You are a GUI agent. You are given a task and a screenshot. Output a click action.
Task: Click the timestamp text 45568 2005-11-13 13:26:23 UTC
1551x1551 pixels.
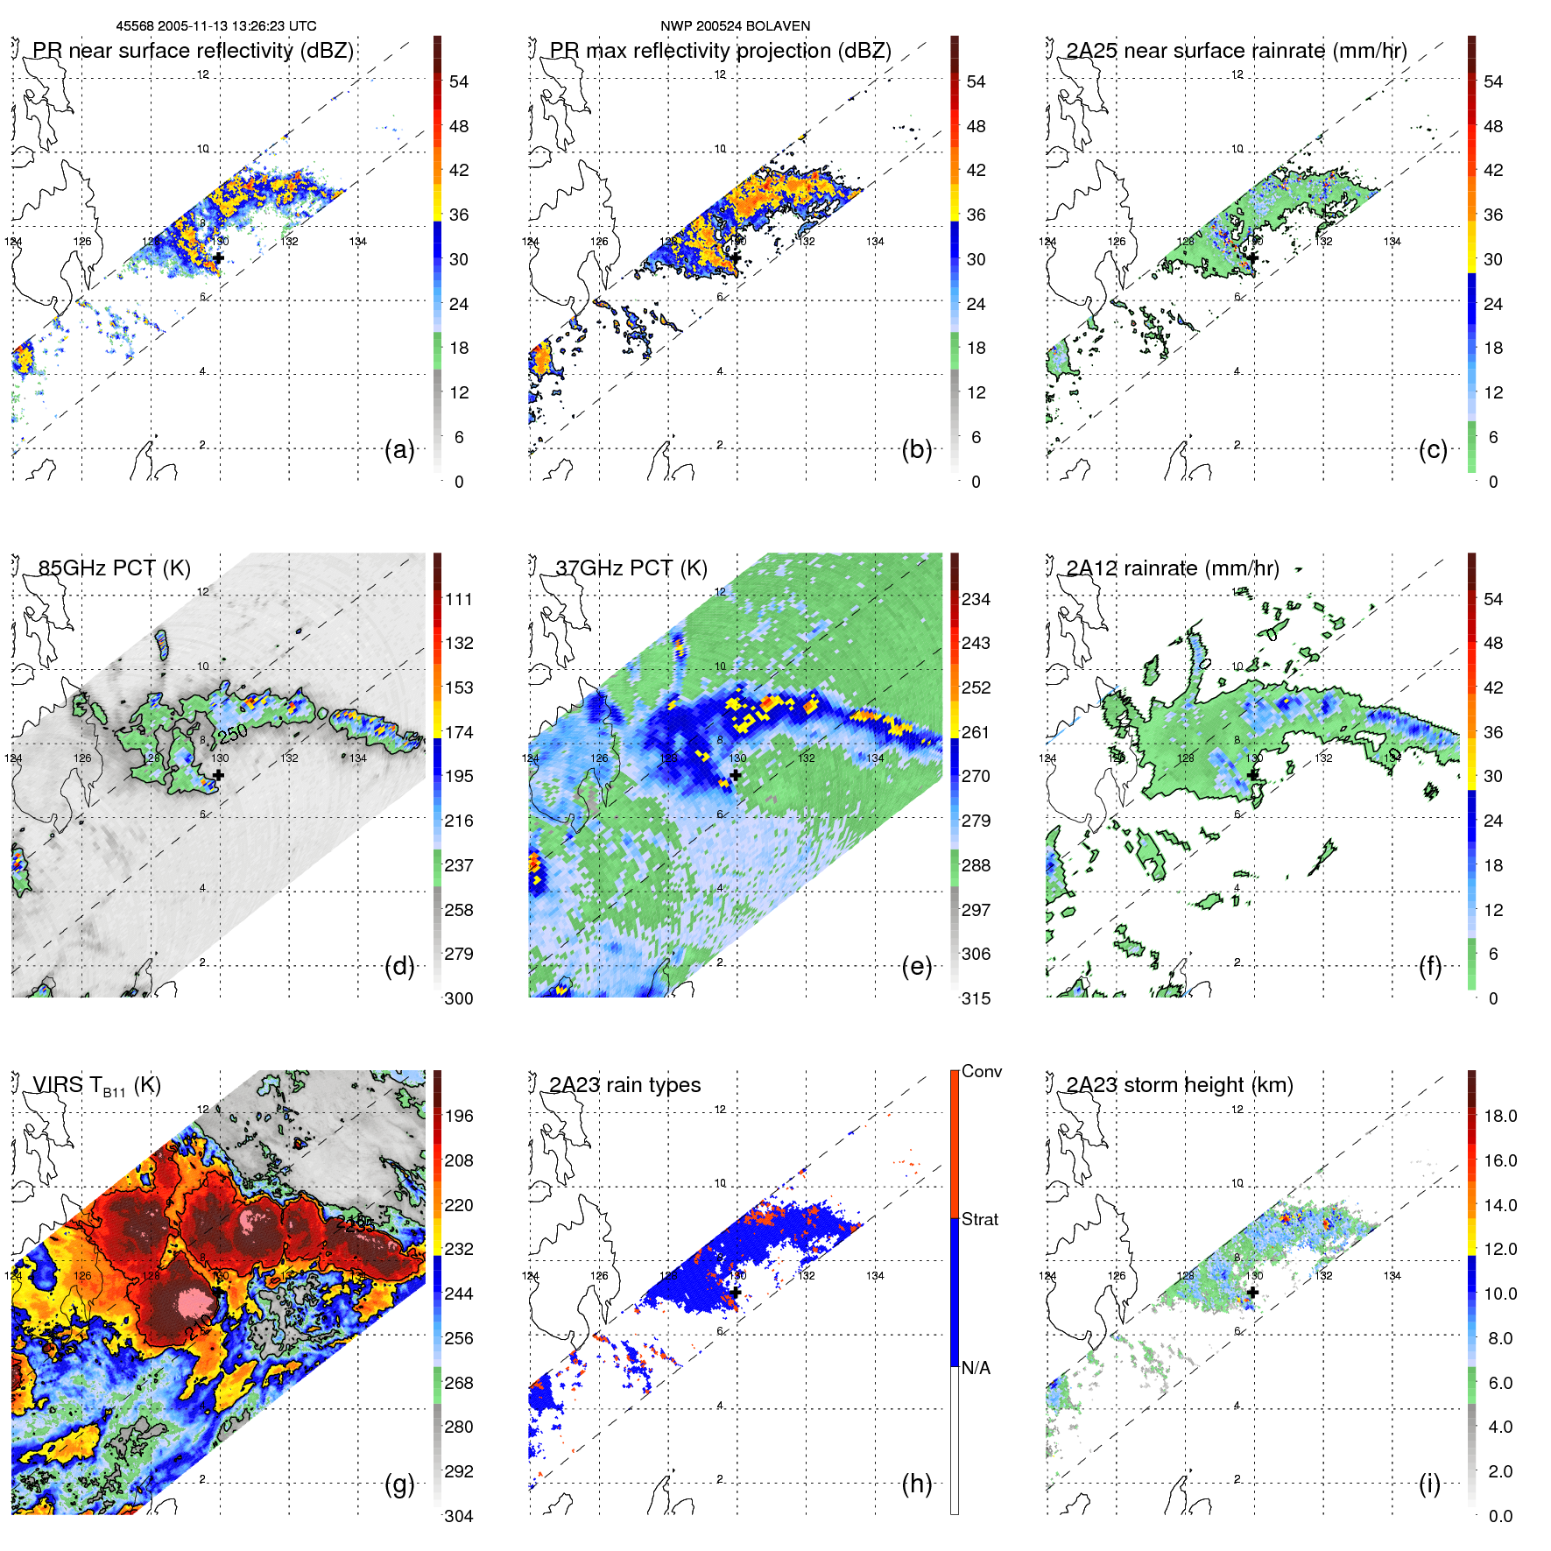point(216,26)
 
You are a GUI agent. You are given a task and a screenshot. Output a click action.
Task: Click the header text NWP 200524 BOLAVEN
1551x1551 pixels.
point(735,26)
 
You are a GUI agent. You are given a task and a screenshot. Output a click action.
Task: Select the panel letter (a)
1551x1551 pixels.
point(399,449)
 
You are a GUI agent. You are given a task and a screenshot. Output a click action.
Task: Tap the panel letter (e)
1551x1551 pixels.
point(916,966)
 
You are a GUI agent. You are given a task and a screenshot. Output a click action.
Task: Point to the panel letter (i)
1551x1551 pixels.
point(1429,1484)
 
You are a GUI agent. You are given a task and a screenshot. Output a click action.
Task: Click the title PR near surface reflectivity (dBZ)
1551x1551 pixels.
point(193,51)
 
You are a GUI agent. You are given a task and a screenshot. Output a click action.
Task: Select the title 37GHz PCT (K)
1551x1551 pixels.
point(631,568)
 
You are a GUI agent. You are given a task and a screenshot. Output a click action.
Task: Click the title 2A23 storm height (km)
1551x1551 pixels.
point(1179,1085)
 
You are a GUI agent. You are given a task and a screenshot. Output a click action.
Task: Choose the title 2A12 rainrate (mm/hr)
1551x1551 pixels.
point(1172,568)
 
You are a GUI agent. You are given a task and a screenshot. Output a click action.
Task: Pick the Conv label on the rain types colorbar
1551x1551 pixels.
point(982,1071)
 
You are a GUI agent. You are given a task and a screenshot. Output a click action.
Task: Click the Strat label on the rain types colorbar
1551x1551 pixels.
point(980,1219)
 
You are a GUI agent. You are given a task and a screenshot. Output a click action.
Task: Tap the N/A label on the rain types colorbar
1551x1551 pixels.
point(976,1368)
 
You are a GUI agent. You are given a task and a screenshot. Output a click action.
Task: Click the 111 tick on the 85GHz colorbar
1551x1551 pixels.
point(459,599)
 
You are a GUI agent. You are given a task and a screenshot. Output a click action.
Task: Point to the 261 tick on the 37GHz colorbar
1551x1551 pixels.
point(976,732)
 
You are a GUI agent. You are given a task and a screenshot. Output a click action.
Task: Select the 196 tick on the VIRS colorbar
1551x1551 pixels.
point(459,1116)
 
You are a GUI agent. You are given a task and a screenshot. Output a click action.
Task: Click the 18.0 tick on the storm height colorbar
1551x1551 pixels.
point(1500,1116)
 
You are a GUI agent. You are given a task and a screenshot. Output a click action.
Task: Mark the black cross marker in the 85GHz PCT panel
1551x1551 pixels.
point(218,775)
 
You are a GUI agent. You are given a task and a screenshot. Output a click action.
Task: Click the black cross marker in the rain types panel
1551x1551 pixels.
point(736,1292)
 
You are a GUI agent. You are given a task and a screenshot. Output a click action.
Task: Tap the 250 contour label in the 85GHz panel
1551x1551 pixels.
point(233,733)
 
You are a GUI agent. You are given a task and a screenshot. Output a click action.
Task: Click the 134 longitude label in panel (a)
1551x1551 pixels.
point(358,242)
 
